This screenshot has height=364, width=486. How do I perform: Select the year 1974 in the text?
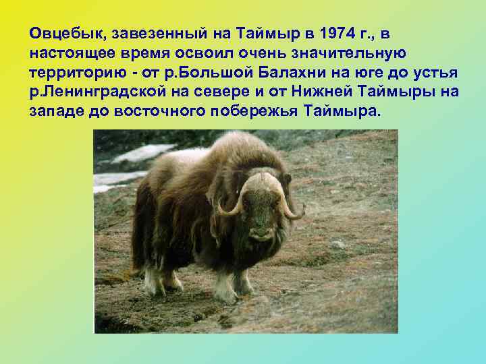coord(333,33)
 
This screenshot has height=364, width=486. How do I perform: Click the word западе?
coord(57,111)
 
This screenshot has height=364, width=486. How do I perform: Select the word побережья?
coord(253,111)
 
